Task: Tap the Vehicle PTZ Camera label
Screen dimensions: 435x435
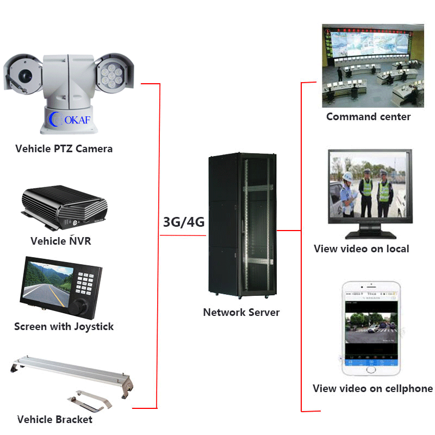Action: coord(64,148)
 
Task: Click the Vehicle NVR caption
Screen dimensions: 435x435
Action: coord(61,241)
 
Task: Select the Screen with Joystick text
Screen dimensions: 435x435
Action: coord(64,327)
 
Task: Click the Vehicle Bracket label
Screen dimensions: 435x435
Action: coord(55,419)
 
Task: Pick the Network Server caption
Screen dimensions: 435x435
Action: coord(241,312)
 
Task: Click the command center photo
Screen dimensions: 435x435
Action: coord(372,65)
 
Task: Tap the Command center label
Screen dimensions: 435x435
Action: coord(368,117)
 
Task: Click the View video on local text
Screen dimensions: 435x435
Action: coord(362,249)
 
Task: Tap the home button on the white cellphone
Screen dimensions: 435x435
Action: coord(371,369)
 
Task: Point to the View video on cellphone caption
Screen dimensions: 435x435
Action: coord(372,388)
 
